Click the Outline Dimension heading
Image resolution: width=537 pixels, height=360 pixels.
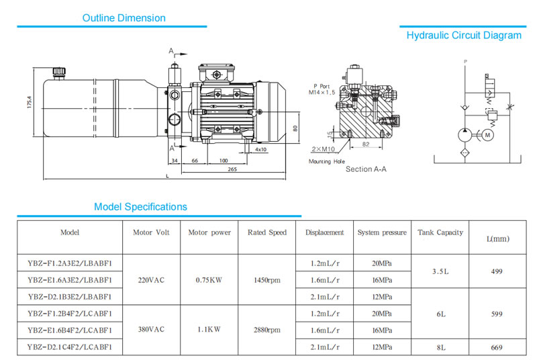point(124,18)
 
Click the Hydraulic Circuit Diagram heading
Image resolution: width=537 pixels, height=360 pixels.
point(464,35)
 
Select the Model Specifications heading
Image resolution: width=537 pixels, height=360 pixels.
point(140,207)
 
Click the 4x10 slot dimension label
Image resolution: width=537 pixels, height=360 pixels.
point(261,149)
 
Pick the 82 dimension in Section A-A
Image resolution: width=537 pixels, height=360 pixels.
point(365,144)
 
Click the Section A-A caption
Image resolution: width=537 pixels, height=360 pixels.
point(366,169)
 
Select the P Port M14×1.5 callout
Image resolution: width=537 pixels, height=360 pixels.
point(322,89)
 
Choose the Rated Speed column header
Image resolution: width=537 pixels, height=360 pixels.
point(266,232)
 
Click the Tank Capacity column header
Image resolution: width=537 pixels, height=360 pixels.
point(440,232)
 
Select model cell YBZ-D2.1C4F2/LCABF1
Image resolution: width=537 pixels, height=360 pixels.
point(70,347)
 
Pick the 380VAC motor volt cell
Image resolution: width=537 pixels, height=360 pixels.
point(152,330)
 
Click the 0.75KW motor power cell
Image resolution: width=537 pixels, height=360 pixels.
point(209,279)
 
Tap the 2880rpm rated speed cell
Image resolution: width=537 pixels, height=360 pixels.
point(266,330)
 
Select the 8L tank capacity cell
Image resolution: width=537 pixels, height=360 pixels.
point(440,347)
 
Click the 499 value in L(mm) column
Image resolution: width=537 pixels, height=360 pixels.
point(498,271)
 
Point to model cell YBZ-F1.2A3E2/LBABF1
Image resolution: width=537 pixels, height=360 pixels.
point(70,263)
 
